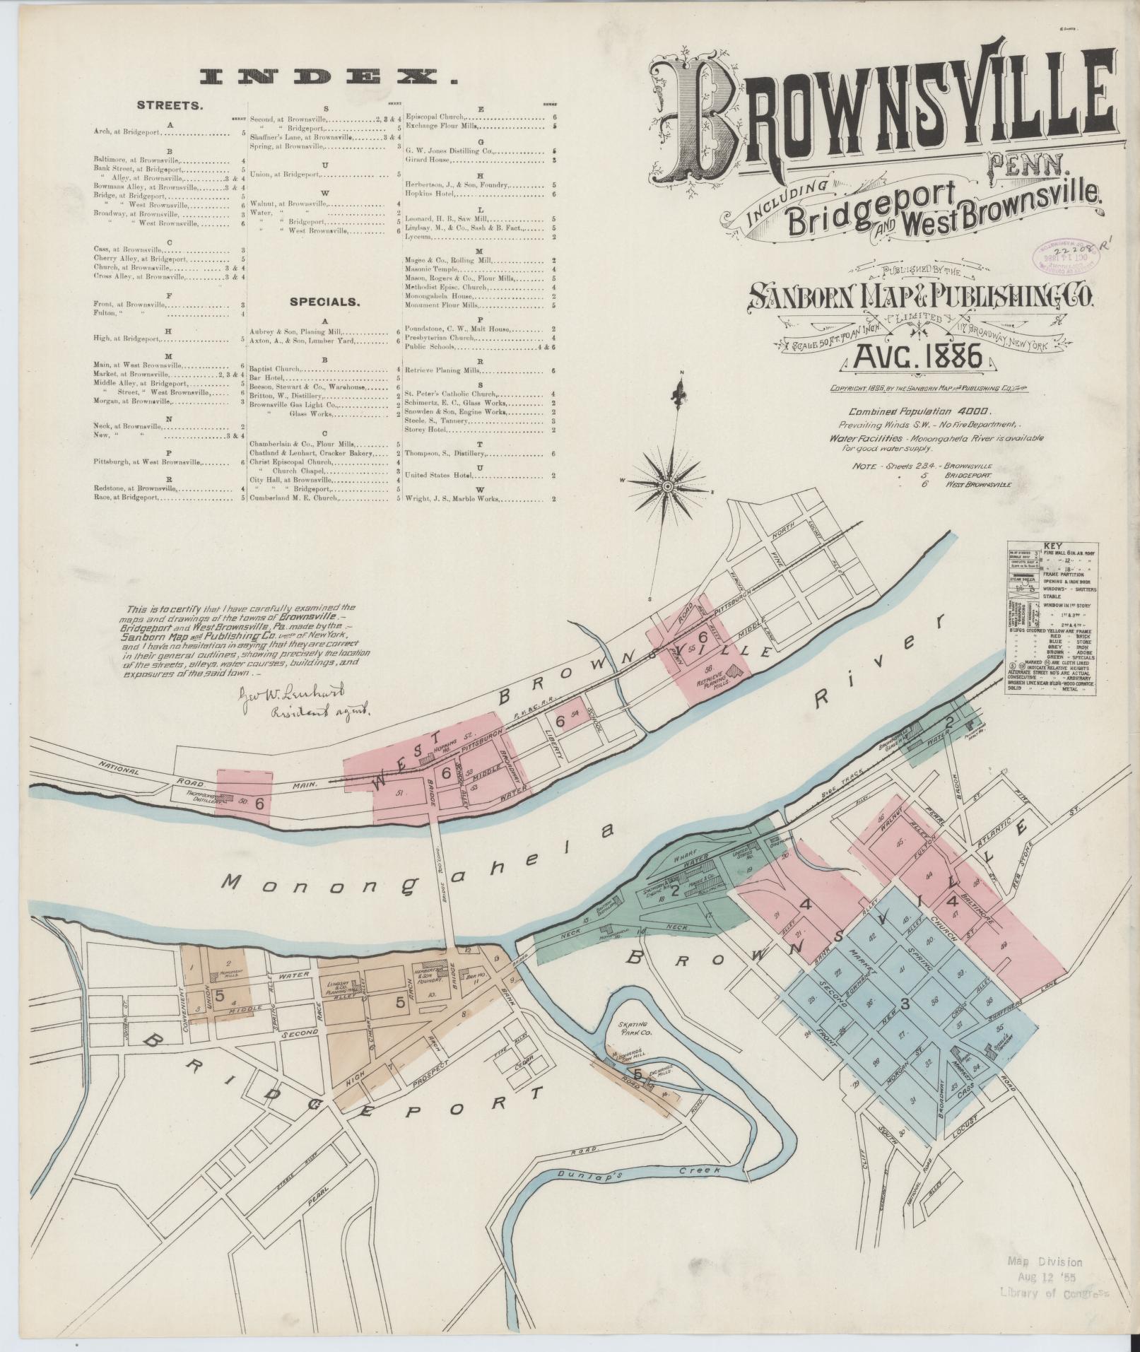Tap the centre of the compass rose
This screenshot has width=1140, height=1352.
pos(666,486)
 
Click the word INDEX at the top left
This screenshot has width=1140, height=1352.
pos(328,77)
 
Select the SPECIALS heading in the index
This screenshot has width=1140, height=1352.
pos(325,302)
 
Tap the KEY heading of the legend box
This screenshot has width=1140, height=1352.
pos(1052,547)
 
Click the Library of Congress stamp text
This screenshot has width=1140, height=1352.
pos(1052,1293)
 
